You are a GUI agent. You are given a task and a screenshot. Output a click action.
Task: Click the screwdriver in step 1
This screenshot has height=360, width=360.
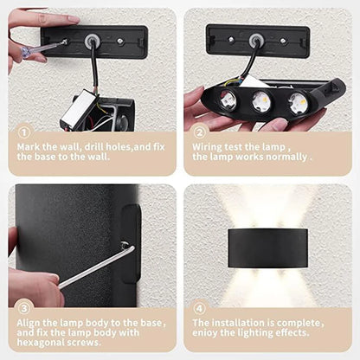click(x=43, y=48)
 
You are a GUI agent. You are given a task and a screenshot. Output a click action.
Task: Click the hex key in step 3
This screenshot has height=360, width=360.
click(x=95, y=267)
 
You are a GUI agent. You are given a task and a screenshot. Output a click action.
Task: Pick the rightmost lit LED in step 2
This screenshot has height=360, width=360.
click(x=296, y=102)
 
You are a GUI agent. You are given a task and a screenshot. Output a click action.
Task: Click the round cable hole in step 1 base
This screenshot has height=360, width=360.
click(x=90, y=39)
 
